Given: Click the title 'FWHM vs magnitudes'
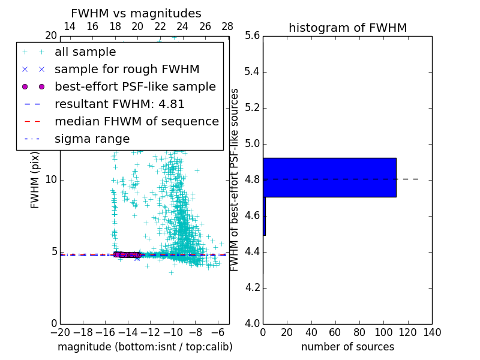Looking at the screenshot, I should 136,13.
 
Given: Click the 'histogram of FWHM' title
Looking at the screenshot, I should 347,28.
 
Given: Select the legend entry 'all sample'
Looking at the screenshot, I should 85,52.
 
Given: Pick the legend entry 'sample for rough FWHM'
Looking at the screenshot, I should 127,70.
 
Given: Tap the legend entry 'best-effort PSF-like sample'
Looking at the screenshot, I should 135,87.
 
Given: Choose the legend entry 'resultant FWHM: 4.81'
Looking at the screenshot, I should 119,104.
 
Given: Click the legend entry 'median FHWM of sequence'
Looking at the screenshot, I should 136,122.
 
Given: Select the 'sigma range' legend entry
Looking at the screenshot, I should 92,139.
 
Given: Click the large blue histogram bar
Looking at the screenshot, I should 329,177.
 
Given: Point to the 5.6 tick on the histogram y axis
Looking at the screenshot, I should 253,36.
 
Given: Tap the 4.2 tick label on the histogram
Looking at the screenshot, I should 253,288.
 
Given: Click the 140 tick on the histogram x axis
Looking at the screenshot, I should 431,332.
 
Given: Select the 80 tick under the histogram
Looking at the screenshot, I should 359,332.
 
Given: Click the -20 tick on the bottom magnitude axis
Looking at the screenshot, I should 60,332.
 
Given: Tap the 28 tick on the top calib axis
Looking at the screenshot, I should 227,27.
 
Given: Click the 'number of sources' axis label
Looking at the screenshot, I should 347,347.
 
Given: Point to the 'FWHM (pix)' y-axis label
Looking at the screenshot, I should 35,179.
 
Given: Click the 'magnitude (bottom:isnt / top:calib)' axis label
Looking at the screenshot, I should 145,347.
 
